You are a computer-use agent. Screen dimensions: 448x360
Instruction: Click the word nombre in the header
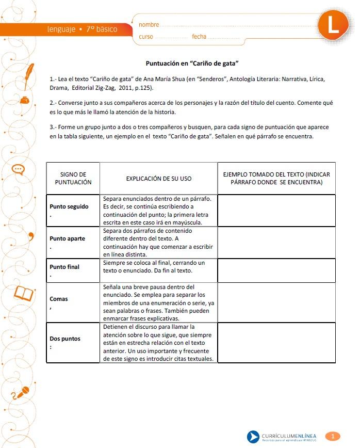pos(149,24)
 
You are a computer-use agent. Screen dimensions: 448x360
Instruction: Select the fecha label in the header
pos(199,37)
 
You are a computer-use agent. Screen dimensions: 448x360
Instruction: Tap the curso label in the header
pos(146,37)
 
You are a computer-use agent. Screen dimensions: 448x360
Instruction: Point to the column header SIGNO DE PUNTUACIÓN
pos(73,178)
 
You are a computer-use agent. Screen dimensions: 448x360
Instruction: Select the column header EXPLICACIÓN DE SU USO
pos(158,179)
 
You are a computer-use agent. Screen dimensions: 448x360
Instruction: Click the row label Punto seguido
pos(69,206)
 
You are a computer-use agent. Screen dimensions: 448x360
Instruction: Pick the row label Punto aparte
pos(68,239)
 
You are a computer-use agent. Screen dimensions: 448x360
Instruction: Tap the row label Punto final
pos(64,267)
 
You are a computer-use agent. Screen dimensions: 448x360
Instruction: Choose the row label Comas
pos(59,299)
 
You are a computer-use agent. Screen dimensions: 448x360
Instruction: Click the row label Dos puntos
pos(65,339)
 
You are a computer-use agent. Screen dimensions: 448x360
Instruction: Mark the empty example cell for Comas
pos(276,302)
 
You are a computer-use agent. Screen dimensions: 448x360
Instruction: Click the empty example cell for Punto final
pos(276,270)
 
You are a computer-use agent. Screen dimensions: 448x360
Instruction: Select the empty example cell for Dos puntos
pos(276,342)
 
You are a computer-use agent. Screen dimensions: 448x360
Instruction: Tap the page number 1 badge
pos(333,436)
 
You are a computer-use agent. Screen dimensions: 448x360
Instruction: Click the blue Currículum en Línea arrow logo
pos(253,437)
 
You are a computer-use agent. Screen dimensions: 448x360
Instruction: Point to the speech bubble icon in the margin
pos(18,169)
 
